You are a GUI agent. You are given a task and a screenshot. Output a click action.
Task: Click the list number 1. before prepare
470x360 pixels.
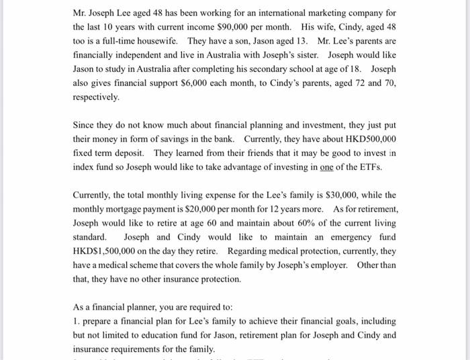click(x=77, y=321)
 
